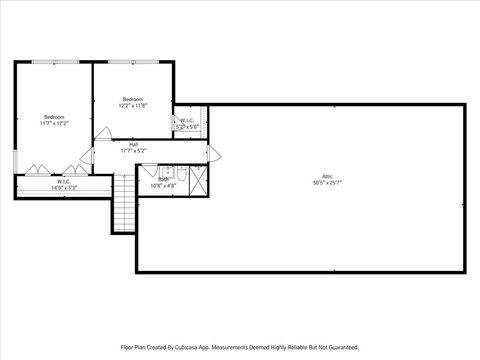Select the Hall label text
[x=133, y=144]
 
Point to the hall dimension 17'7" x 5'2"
[x=133, y=151]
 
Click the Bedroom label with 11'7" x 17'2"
[x=53, y=116]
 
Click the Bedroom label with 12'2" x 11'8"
[x=133, y=99]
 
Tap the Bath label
[x=163, y=179]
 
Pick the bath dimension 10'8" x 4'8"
[x=163, y=186]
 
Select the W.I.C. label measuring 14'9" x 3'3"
[x=63, y=181]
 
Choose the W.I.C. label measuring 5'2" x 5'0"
[x=188, y=121]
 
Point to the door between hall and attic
[x=212, y=152]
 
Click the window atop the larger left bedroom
[x=53, y=62]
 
